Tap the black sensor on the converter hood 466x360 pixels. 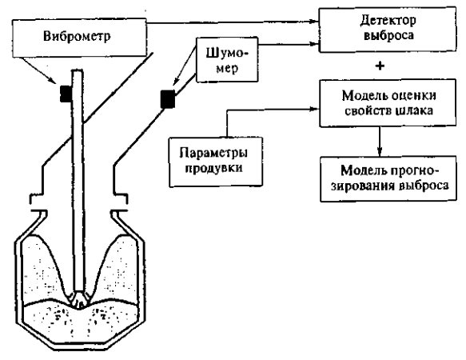click(x=167, y=100)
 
